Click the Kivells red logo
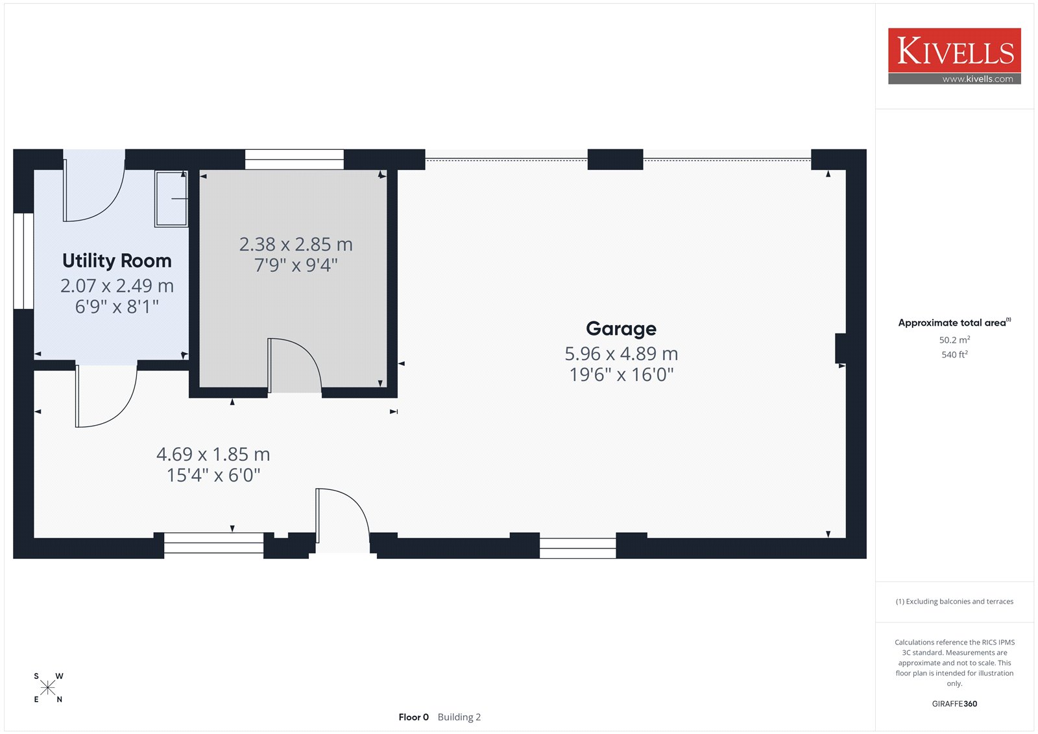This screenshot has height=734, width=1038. [x=954, y=51]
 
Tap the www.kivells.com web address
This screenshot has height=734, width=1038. [x=977, y=79]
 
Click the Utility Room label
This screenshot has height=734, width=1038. [x=117, y=261]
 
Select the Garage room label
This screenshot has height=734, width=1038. [x=621, y=329]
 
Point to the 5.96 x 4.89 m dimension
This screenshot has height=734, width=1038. [x=621, y=354]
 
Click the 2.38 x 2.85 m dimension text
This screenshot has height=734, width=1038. [x=296, y=245]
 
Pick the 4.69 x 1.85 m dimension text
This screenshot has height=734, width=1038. [x=213, y=454]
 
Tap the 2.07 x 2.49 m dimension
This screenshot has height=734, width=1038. [x=117, y=286]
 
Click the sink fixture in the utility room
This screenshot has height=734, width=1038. [x=171, y=199]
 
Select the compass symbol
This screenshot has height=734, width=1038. [x=48, y=688]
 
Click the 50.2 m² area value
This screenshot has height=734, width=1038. [x=954, y=340]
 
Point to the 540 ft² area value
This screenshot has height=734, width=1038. [x=954, y=355]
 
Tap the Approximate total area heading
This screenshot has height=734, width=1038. [x=954, y=323]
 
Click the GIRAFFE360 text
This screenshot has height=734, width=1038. [x=954, y=703]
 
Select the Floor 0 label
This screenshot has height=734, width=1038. [x=413, y=717]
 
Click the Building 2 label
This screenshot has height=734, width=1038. [x=459, y=717]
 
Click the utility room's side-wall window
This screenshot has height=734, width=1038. [x=23, y=261]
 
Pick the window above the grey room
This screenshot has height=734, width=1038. [x=295, y=159]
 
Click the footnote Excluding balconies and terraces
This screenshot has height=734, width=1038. [x=954, y=602]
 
